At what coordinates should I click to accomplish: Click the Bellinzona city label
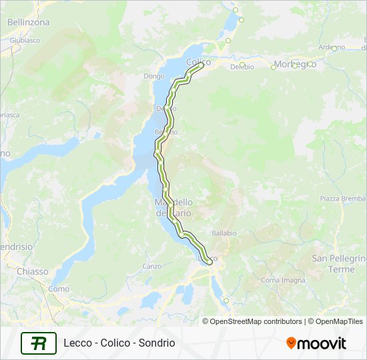28,22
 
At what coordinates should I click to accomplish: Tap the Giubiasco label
25,40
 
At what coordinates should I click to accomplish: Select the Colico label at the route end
198,62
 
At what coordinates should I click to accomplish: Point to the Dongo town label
153,76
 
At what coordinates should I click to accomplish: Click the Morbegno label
295,64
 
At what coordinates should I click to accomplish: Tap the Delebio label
243,66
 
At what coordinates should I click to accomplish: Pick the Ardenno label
332,47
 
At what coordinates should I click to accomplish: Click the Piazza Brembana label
344,199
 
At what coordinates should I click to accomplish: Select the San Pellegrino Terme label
340,263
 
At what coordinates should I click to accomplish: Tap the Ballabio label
224,233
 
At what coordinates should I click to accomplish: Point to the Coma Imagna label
280,280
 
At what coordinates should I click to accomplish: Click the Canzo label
152,266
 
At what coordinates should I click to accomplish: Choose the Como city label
59,289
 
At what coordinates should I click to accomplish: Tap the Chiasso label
33,271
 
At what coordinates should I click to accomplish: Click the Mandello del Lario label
173,207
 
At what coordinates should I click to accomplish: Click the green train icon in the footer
39,343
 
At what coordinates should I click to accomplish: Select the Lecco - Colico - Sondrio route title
119,343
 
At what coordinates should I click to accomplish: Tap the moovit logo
316,343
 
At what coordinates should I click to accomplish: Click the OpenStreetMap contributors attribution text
252,321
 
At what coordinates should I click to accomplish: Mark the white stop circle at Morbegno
274,66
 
